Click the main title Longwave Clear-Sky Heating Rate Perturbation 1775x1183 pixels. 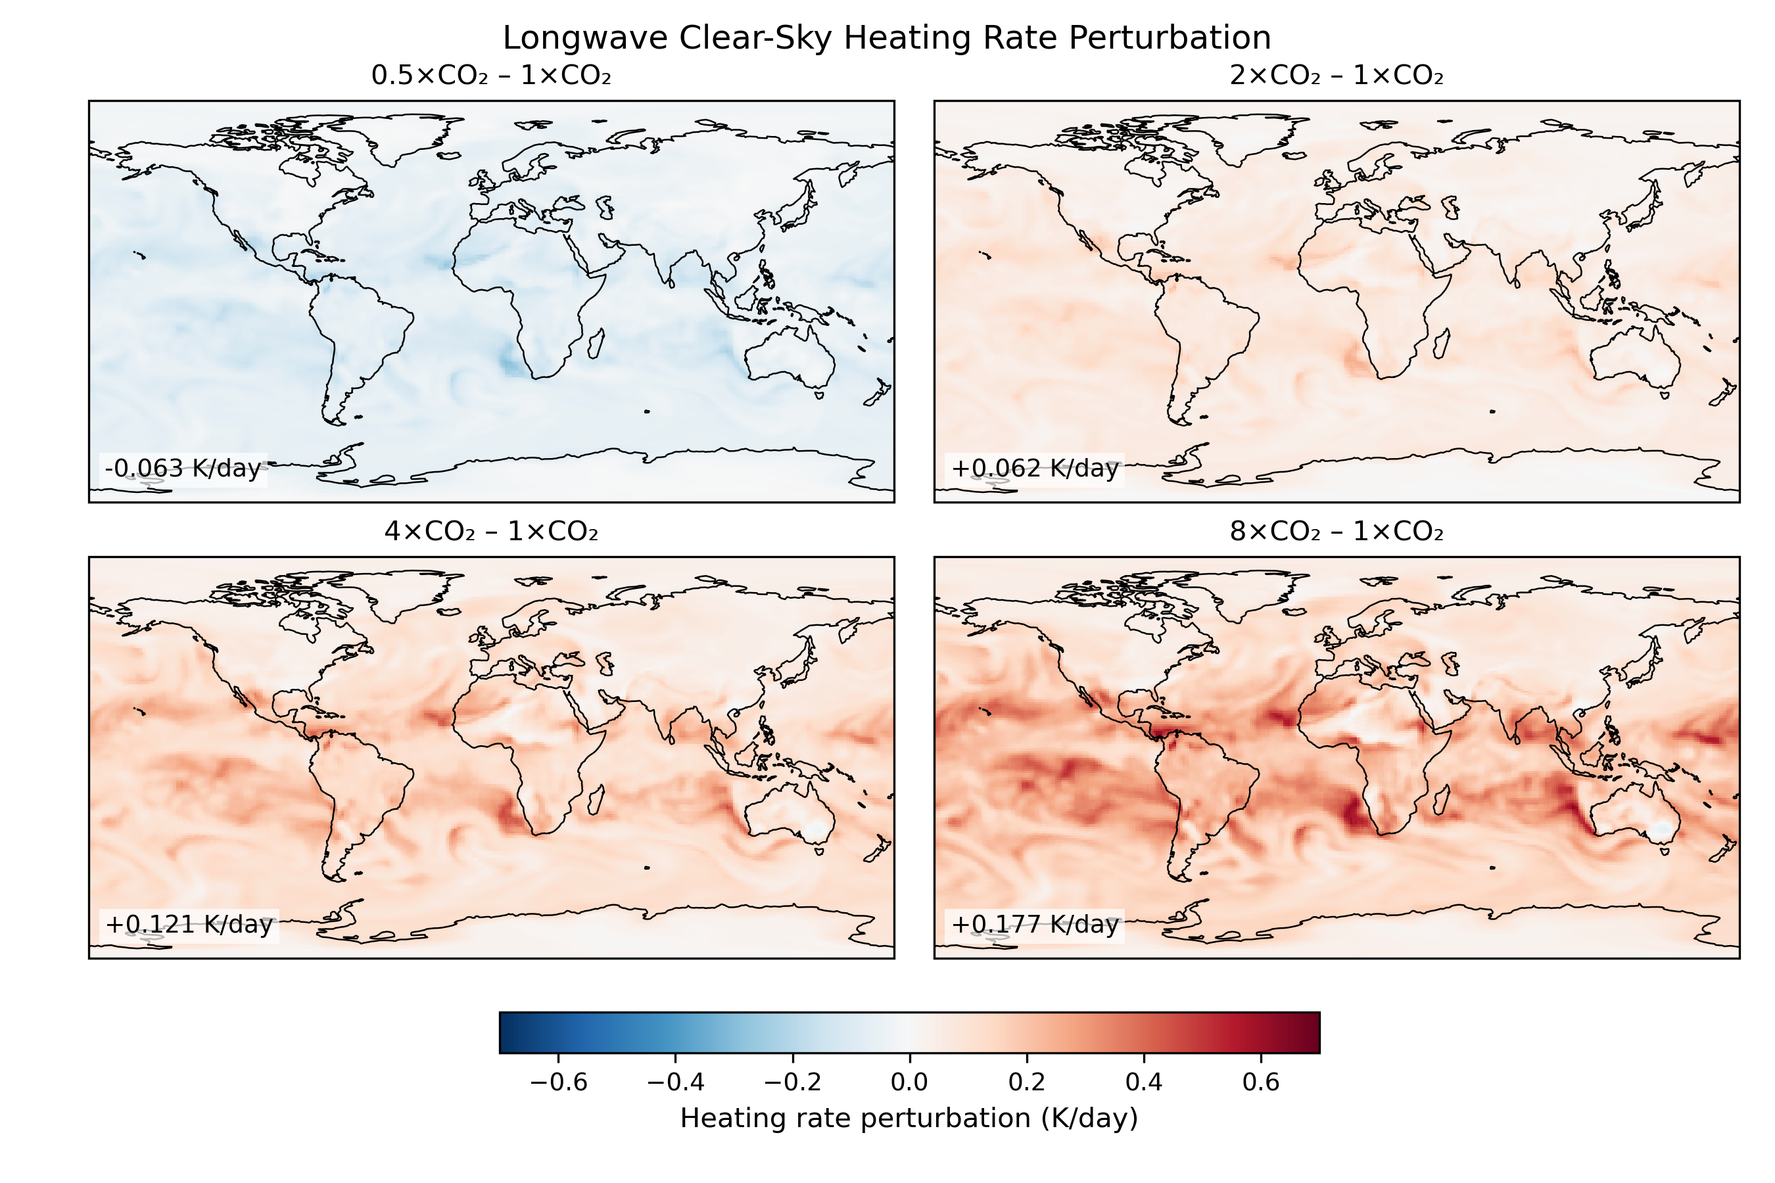pyautogui.click(x=887, y=37)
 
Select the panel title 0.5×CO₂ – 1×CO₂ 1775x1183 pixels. pyautogui.click(x=491, y=76)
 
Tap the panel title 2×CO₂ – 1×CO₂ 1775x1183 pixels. pyautogui.click(x=1337, y=76)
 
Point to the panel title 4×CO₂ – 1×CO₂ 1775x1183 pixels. pyautogui.click(x=491, y=532)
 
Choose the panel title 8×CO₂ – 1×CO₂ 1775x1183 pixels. pyautogui.click(x=1337, y=532)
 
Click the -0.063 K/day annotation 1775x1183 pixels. pyautogui.click(x=183, y=469)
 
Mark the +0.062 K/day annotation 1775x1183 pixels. pyautogui.click(x=1035, y=469)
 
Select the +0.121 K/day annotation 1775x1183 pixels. pyautogui.click(x=189, y=925)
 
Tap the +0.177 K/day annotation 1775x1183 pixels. pyautogui.click(x=1035, y=925)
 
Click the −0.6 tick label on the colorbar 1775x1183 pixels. pyautogui.click(x=558, y=1082)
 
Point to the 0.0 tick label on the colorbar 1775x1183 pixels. pyautogui.click(x=909, y=1082)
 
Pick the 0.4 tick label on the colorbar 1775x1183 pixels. pyautogui.click(x=1143, y=1082)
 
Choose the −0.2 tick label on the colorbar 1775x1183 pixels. pyautogui.click(x=792, y=1082)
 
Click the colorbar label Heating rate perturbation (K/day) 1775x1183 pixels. pyautogui.click(x=909, y=1118)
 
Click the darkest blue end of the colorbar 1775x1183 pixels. pyautogui.click(x=505, y=1032)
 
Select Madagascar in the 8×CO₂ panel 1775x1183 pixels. pyautogui.click(x=1440, y=800)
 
